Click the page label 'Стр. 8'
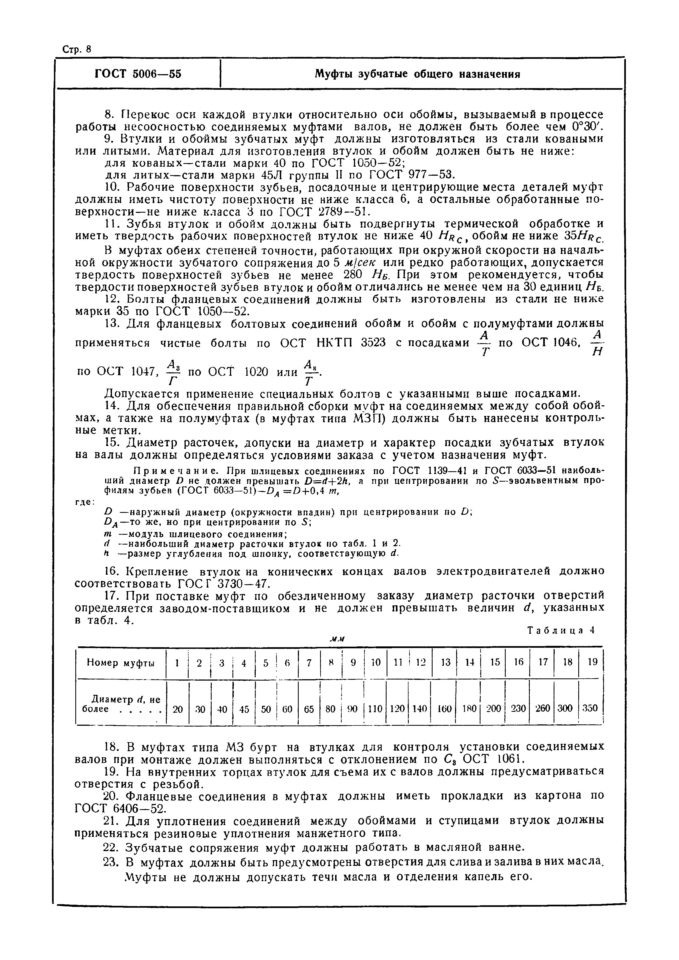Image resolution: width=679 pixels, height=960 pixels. click(77, 49)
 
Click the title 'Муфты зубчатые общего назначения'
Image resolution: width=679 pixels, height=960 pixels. click(417, 74)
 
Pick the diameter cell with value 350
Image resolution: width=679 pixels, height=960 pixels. click(590, 709)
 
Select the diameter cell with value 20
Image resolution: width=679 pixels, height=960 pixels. click(178, 709)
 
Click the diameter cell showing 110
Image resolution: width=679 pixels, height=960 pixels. click(375, 709)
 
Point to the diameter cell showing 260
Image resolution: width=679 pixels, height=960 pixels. click(542, 709)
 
